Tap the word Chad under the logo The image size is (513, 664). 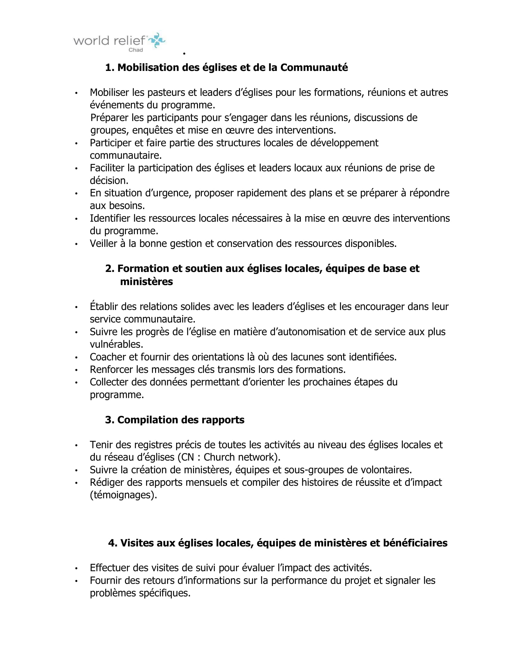pos(135,50)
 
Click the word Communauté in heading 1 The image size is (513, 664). pos(314,68)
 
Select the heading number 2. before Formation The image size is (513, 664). pos(110,268)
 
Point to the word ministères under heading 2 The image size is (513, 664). pos(146,282)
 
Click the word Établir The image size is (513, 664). pos(104,306)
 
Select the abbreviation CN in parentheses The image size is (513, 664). pos(187,457)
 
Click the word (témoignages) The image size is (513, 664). pos(123,495)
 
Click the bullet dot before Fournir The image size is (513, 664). pos(77,581)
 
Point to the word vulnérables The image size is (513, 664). pos(116,344)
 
